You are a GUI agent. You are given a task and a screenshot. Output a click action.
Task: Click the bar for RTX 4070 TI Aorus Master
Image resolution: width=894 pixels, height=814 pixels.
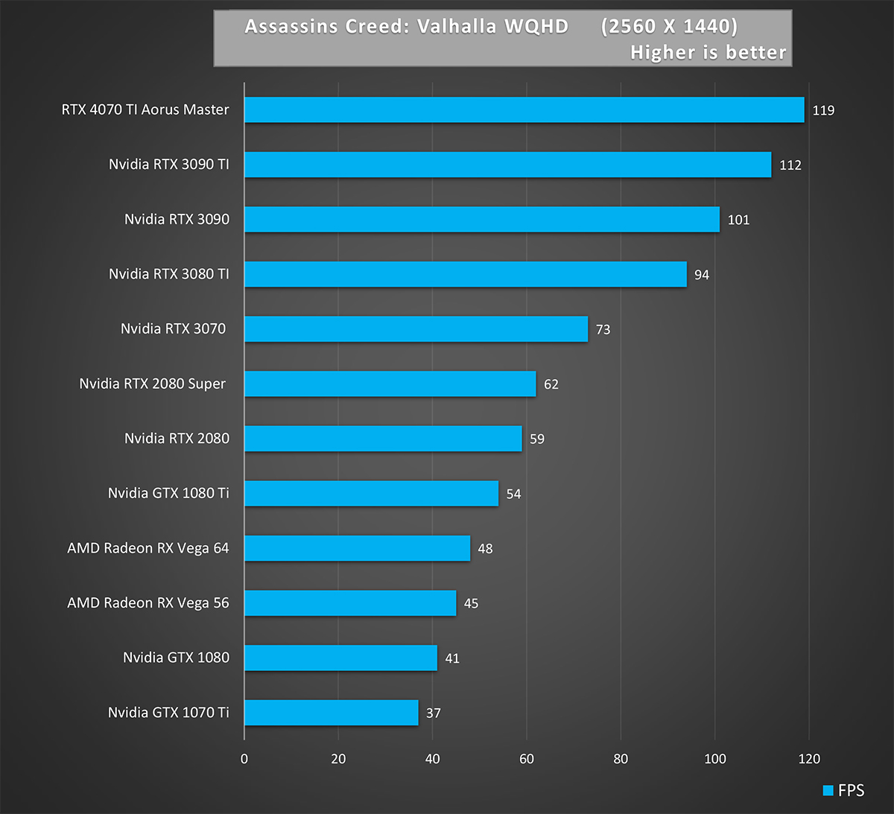(524, 109)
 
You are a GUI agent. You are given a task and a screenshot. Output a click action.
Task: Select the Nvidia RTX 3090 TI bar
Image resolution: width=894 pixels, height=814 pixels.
(507, 165)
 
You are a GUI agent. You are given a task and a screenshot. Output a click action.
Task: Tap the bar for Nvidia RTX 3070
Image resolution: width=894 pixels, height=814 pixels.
(416, 328)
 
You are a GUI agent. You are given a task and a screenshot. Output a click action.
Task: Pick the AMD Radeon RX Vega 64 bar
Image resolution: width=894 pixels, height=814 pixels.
(357, 548)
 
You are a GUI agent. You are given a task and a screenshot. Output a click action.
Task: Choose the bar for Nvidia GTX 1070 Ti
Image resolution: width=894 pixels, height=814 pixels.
(331, 713)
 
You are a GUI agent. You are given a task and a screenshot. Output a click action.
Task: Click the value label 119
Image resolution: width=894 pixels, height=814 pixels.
(823, 110)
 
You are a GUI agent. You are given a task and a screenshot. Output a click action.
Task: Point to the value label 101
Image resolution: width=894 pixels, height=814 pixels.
(738, 220)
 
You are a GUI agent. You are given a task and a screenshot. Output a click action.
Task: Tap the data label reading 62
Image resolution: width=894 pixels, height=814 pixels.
(551, 384)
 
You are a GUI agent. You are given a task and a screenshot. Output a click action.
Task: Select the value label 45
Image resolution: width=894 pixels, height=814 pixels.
(471, 603)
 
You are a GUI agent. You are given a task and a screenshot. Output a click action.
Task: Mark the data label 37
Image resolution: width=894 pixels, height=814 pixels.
(434, 713)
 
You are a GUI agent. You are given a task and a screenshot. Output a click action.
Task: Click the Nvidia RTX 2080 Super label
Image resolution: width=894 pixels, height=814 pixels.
(153, 384)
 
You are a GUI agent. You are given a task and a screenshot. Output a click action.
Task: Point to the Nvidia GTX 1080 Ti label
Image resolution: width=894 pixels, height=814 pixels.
(168, 493)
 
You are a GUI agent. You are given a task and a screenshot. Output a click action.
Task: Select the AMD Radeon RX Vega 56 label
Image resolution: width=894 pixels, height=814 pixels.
(148, 602)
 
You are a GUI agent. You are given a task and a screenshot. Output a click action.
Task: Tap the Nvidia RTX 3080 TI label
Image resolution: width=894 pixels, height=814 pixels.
(169, 274)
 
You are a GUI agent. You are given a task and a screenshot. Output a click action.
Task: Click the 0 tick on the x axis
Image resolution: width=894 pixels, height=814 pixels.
(244, 759)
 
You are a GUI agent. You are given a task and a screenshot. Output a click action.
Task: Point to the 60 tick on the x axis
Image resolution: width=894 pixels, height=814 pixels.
(527, 759)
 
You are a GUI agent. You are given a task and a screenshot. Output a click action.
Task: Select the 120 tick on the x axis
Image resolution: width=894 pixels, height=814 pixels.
(809, 759)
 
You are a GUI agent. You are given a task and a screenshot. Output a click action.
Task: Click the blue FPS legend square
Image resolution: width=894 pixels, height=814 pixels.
(828, 791)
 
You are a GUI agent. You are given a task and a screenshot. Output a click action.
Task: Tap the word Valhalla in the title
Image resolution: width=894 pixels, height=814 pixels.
(455, 27)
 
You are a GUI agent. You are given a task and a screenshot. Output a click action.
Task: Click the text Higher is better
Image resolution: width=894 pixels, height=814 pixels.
(708, 52)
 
